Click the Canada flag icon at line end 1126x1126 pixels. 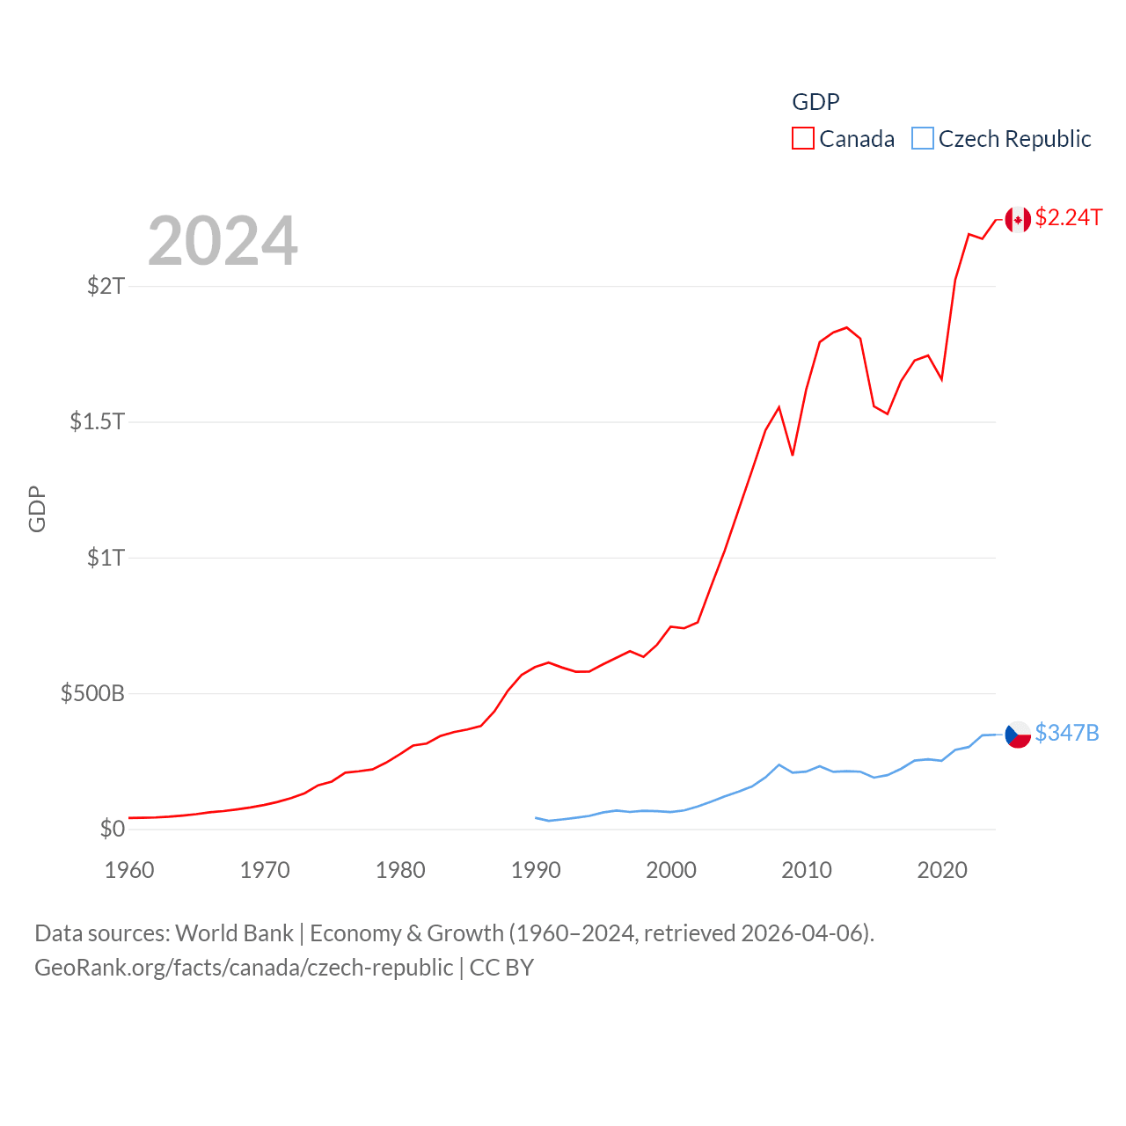click(1018, 219)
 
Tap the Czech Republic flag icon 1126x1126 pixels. click(1018, 735)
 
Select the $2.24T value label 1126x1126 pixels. click(1068, 217)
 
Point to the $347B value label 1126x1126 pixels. click(1066, 733)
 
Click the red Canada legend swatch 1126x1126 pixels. click(803, 139)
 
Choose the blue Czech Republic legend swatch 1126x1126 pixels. click(922, 139)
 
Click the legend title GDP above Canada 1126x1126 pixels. click(815, 102)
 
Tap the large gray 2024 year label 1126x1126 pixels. click(223, 241)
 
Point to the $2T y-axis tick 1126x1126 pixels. click(106, 286)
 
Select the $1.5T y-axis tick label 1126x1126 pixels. click(98, 421)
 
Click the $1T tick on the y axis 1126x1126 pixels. click(106, 558)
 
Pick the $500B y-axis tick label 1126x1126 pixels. click(92, 693)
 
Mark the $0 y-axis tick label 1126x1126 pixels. click(113, 829)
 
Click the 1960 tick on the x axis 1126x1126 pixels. click(129, 870)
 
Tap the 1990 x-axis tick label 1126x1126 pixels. click(536, 870)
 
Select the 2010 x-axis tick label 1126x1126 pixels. click(807, 870)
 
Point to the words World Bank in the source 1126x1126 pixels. click(234, 933)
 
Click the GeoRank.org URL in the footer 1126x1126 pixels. click(244, 968)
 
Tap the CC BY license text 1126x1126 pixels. click(501, 968)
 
